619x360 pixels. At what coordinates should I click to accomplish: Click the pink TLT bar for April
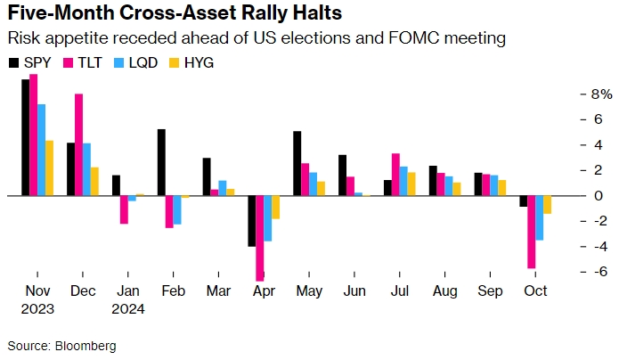(260, 238)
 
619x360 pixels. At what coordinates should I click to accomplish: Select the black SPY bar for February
(161, 162)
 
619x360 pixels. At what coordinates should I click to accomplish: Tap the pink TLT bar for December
(79, 144)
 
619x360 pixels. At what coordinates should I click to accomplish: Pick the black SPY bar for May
(297, 163)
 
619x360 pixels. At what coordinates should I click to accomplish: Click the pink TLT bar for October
(532, 232)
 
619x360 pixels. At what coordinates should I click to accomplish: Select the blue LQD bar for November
(41, 150)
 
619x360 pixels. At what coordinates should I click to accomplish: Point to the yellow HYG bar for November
(50, 168)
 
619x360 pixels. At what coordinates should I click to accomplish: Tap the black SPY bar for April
(252, 220)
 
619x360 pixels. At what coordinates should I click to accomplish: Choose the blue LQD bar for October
(540, 217)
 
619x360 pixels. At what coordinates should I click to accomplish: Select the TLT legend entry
(84, 63)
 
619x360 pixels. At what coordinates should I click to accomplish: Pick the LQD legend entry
(135, 63)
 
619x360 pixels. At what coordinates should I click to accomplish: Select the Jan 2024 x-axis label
(128, 300)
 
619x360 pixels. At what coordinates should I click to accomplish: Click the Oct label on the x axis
(534, 291)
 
